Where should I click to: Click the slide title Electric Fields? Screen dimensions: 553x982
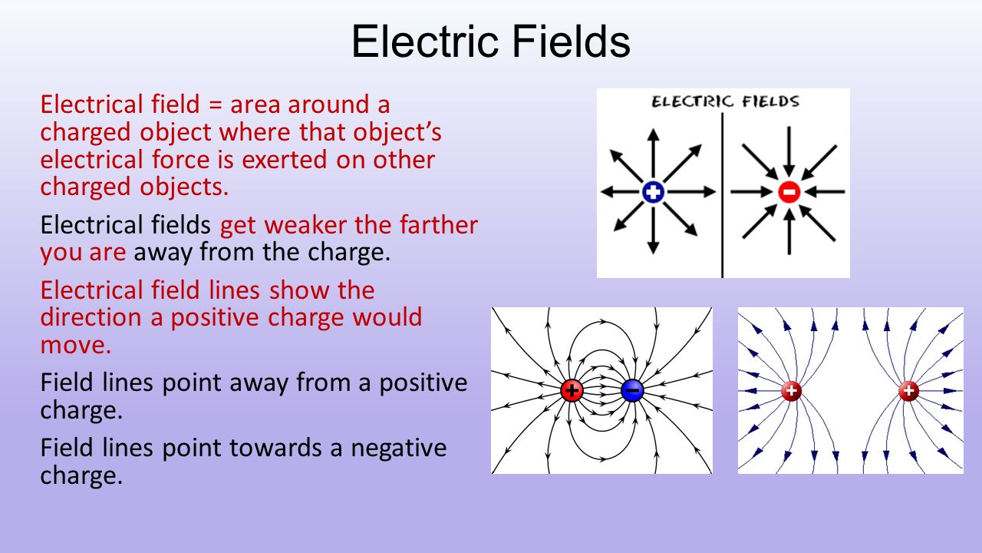tap(491, 43)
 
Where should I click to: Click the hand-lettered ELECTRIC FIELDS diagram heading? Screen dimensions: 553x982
tap(724, 102)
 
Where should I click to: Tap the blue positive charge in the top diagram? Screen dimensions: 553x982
tap(653, 192)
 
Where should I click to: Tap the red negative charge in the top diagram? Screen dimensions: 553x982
tap(789, 192)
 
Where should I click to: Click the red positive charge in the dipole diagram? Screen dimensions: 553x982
tap(572, 390)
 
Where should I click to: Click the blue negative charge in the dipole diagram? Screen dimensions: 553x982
tap(632, 390)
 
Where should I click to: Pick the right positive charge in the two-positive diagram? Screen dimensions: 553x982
tap(908, 392)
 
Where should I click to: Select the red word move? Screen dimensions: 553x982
tap(75, 346)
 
